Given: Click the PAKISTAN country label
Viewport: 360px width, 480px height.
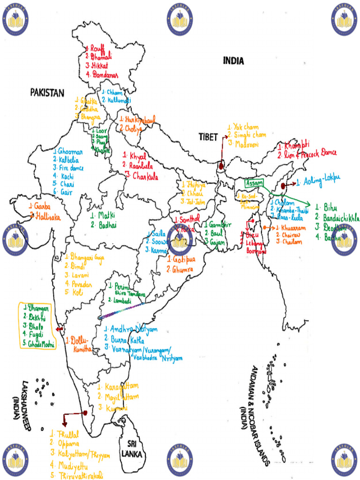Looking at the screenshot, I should tap(47, 93).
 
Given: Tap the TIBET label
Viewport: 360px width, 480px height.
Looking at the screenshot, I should tap(208, 137).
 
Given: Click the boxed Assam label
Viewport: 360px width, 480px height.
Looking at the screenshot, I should tap(254, 182).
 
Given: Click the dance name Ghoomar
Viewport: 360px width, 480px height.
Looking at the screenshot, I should tap(71, 151).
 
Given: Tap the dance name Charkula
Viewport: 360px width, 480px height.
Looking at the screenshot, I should tap(144, 177).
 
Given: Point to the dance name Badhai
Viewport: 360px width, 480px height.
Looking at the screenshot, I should tap(106, 225).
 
